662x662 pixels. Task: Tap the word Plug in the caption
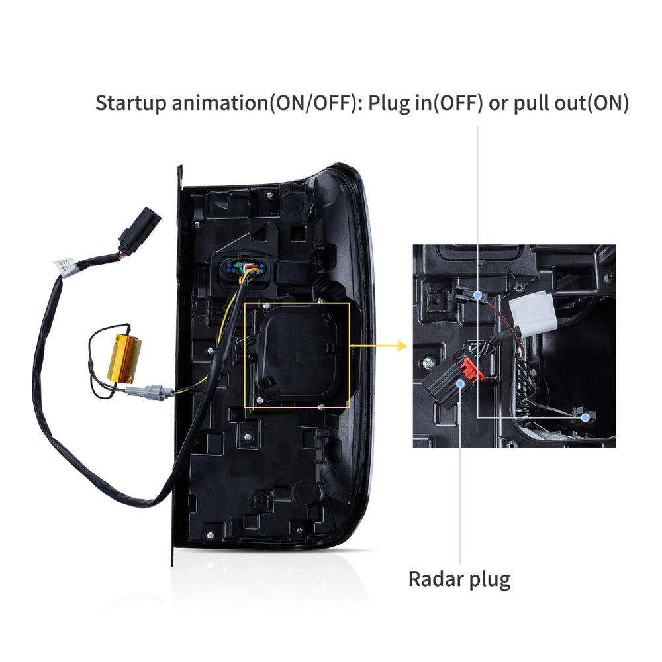click(388, 103)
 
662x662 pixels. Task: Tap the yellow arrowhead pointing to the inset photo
click(401, 346)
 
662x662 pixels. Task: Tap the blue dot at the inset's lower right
click(585, 418)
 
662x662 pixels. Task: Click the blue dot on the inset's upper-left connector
click(477, 295)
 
